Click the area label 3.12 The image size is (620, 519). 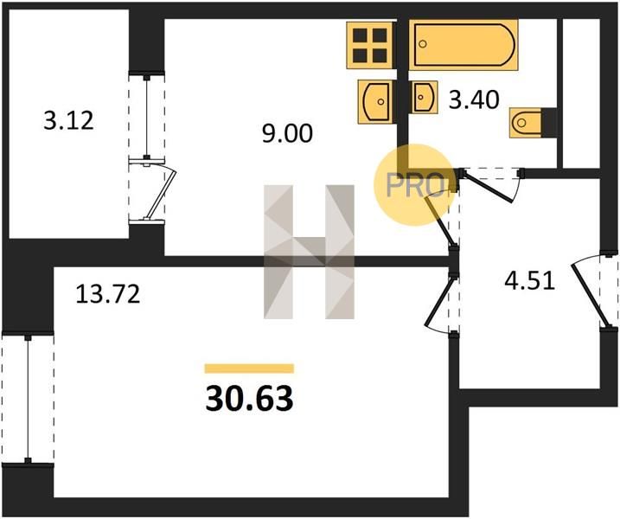click(69, 120)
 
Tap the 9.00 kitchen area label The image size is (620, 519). click(287, 133)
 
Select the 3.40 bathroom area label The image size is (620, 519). click(474, 99)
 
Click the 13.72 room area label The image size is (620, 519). click(108, 294)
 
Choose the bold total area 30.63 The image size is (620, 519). click(250, 399)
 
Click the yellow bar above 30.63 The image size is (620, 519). click(249, 368)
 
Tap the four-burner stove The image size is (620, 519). click(370, 45)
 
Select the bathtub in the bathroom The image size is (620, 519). click(463, 45)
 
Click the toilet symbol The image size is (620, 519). click(525, 123)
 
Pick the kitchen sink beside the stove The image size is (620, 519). click(375, 102)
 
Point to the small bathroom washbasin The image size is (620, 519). click(425, 97)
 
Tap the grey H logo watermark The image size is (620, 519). click(309, 252)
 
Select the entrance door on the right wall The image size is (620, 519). click(588, 296)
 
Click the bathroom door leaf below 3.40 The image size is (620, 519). click(489, 187)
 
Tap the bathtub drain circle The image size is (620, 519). click(423, 44)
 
